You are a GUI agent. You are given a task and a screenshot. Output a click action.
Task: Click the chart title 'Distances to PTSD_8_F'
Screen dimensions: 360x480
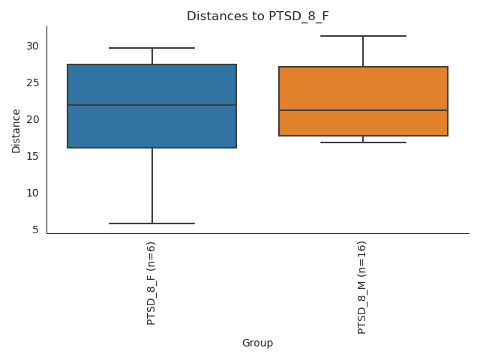click(257, 16)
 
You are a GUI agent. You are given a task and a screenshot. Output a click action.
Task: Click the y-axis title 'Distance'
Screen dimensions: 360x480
click(16, 130)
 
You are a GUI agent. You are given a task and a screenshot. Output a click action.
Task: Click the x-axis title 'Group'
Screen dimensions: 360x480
click(257, 343)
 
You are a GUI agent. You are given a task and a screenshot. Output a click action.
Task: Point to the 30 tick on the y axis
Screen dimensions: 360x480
click(33, 46)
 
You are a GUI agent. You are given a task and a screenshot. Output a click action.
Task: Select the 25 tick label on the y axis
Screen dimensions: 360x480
click(33, 82)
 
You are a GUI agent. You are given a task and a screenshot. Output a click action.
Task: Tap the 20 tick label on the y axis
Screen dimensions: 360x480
click(33, 119)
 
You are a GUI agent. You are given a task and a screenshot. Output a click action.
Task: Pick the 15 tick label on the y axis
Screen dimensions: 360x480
click(33, 156)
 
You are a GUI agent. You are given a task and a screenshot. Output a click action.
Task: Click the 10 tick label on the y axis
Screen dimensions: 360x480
click(33, 193)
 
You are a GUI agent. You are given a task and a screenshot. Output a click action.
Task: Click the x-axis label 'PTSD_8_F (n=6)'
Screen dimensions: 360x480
click(151, 283)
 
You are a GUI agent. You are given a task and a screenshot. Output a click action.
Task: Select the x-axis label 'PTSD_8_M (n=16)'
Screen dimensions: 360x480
click(362, 287)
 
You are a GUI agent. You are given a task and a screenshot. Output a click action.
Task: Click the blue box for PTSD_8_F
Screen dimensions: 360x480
click(151, 127)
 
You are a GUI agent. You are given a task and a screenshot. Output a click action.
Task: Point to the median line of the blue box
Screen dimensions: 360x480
click(151, 105)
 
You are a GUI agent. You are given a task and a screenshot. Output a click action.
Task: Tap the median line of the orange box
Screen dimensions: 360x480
click(363, 110)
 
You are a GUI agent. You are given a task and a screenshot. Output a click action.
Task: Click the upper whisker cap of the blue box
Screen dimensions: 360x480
click(151, 48)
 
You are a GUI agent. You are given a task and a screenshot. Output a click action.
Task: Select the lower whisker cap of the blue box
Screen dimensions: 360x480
click(151, 223)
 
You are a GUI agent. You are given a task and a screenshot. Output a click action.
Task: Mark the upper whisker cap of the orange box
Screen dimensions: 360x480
click(363, 36)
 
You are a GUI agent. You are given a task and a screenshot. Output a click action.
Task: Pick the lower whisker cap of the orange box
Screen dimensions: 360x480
click(363, 142)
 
